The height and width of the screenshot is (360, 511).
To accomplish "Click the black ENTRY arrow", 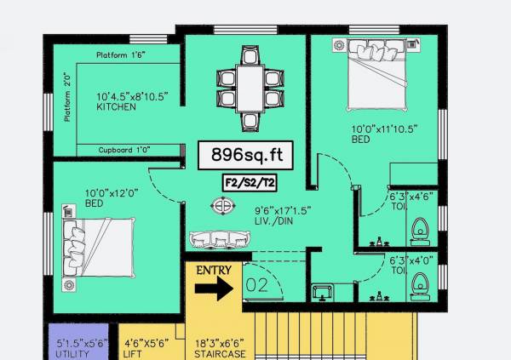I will (214, 288).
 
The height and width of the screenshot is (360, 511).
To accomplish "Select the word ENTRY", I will (215, 270).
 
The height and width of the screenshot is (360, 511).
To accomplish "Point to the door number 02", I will (256, 284).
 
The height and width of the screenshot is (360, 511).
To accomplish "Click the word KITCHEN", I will (116, 108).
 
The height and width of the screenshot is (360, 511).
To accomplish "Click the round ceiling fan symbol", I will (223, 205).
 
